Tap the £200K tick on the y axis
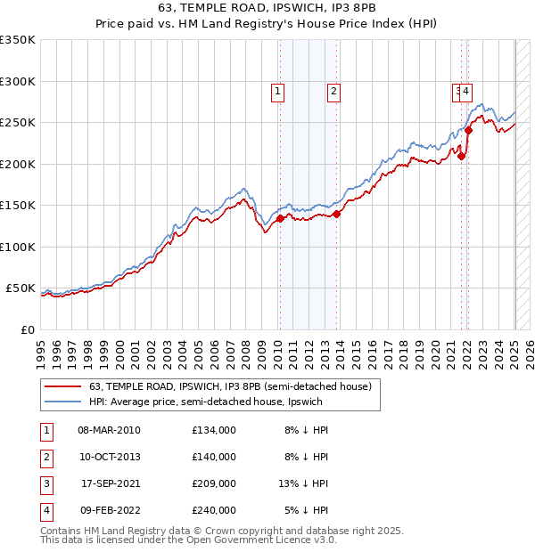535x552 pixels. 18,164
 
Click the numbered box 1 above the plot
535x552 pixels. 277,90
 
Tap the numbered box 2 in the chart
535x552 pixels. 333,90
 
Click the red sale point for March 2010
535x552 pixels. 280,217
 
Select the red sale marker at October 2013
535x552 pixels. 337,213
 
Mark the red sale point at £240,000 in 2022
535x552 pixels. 468,131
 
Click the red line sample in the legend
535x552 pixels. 62,386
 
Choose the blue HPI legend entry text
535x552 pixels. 206,402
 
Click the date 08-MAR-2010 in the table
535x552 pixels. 109,430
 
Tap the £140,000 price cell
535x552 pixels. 213,457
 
